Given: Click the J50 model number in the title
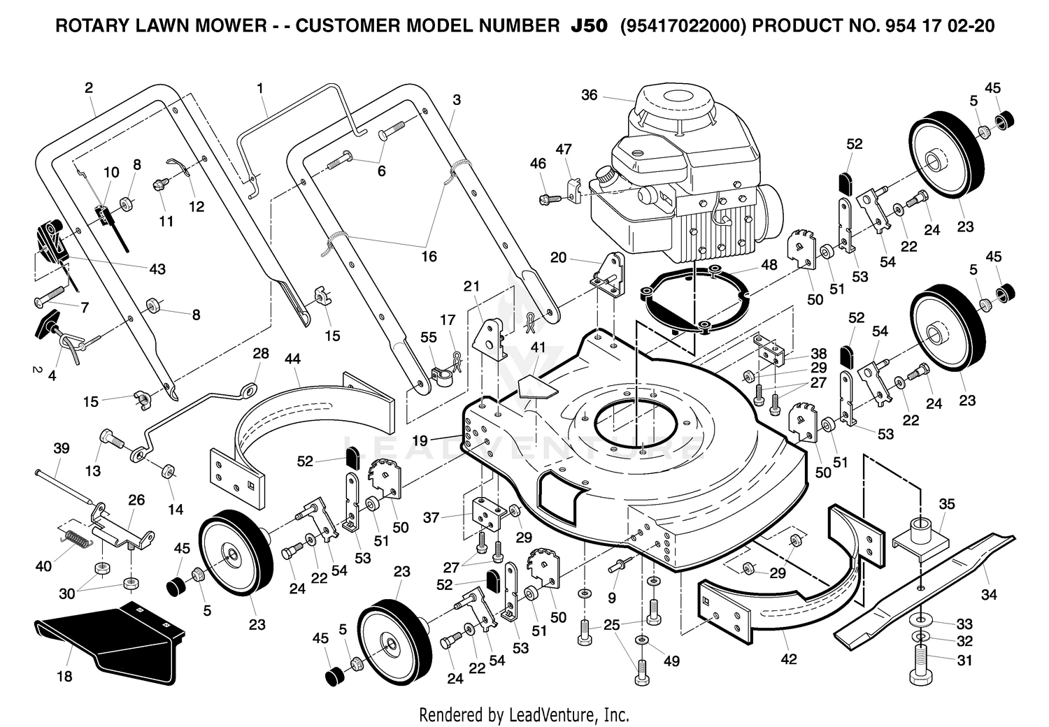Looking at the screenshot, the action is (x=589, y=26).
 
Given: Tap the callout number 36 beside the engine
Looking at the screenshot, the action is (x=589, y=95).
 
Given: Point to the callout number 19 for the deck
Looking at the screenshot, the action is (x=420, y=440).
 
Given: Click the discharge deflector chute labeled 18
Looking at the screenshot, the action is (x=110, y=639).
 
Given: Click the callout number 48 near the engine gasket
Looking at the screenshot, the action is (x=769, y=264).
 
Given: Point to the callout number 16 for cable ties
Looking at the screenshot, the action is (x=429, y=257).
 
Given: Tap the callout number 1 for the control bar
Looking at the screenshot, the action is (x=260, y=88).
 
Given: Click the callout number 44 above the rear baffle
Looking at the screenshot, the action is (x=292, y=359).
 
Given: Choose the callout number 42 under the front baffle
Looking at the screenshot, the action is (x=789, y=659).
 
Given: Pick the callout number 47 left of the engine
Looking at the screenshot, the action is (x=564, y=149).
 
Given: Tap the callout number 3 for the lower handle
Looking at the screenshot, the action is (x=457, y=100).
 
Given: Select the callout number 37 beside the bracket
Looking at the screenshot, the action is (x=431, y=517).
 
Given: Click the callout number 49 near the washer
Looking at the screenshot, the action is (x=671, y=661).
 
